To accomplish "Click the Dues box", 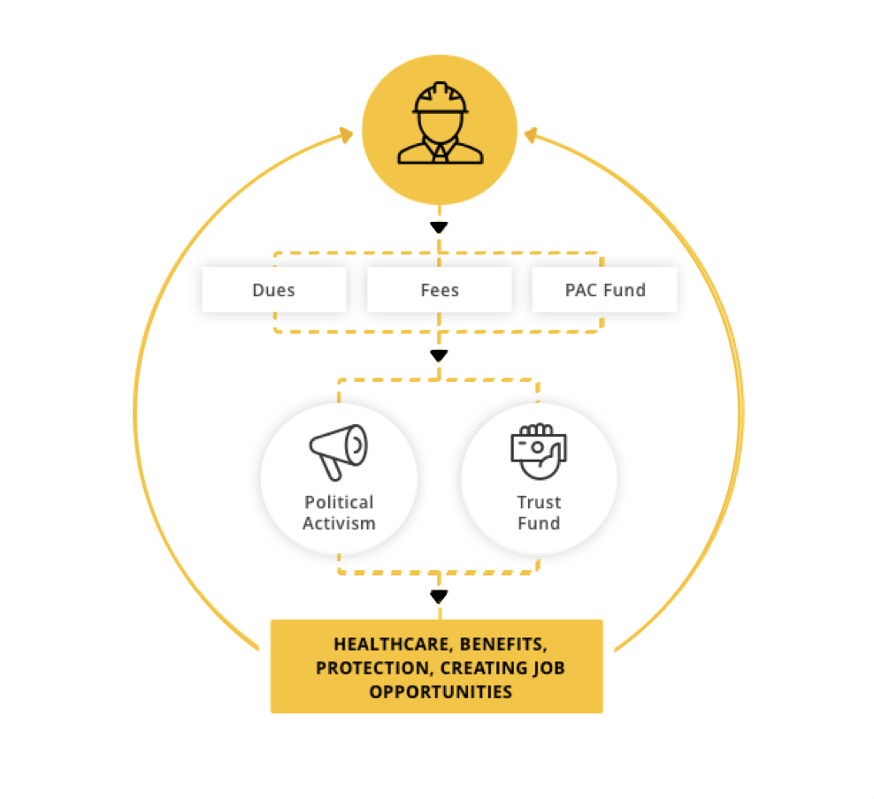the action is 274,289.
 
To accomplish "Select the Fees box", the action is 440,289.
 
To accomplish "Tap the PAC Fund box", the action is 605,289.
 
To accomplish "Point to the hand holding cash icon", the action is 539,452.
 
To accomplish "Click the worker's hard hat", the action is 441,98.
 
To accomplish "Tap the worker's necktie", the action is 441,154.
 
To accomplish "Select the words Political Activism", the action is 339,513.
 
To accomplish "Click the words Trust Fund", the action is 539,513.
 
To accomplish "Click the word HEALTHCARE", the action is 392,644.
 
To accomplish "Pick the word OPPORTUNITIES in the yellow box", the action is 441,691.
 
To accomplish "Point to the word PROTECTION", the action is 373,668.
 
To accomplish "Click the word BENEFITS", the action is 503,644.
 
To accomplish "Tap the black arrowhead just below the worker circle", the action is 440,228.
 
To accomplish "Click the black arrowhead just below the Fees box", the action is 440,356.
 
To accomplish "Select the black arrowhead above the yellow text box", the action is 440,597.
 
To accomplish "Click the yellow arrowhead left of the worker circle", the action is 348,135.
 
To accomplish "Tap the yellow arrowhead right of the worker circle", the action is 531,135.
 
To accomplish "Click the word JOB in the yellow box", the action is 548,668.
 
